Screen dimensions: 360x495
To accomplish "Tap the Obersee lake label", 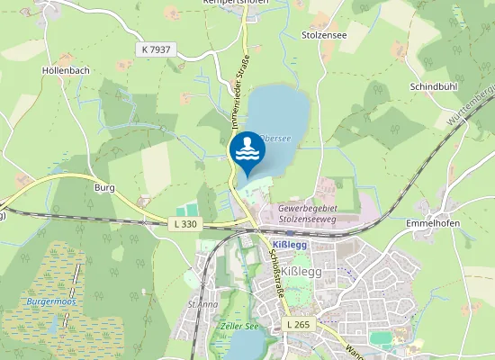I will point(274,138).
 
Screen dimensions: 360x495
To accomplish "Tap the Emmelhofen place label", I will point(435,221).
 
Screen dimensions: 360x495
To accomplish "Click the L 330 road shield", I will point(183,222).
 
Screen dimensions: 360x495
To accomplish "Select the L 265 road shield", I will point(298,323).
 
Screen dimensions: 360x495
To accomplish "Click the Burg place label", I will point(104,188).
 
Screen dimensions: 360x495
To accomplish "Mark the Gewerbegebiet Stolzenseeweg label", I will point(311,212).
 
